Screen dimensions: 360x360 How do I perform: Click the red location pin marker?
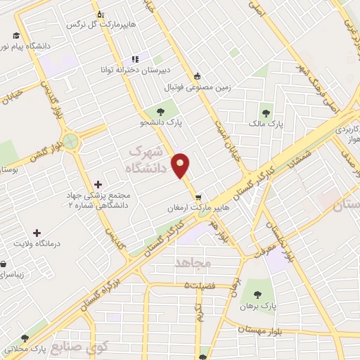click(x=181, y=165)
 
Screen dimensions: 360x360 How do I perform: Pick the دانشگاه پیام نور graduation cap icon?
click(x=15, y=35)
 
